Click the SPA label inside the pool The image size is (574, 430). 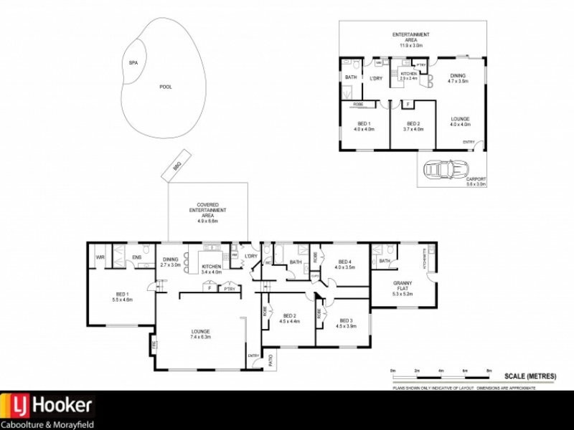133,63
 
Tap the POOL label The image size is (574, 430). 166,87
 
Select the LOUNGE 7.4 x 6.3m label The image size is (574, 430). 200,334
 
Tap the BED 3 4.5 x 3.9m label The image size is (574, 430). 347,322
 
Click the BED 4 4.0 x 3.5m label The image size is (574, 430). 344,264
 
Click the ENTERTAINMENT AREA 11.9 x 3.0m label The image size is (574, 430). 410,40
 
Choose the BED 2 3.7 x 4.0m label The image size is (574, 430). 414,126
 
